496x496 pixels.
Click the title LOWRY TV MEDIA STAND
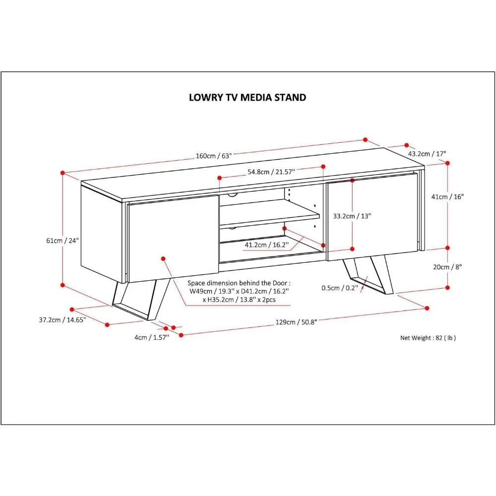pyautogui.click(x=248, y=97)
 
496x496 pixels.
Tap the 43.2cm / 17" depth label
pyautogui.click(x=427, y=154)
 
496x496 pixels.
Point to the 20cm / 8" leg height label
pyautogui.click(x=447, y=267)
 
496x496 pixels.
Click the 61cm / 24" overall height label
pyautogui.click(x=62, y=241)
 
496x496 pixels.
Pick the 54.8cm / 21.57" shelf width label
pyautogui.click(x=271, y=172)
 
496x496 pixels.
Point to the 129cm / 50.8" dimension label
pyautogui.click(x=297, y=322)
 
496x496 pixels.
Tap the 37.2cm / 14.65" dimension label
pyautogui.click(x=62, y=320)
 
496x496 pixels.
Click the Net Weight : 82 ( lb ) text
pyautogui.click(x=428, y=338)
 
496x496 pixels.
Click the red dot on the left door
pyautogui.click(x=163, y=258)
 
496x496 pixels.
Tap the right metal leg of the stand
pyautogui.click(x=370, y=275)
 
